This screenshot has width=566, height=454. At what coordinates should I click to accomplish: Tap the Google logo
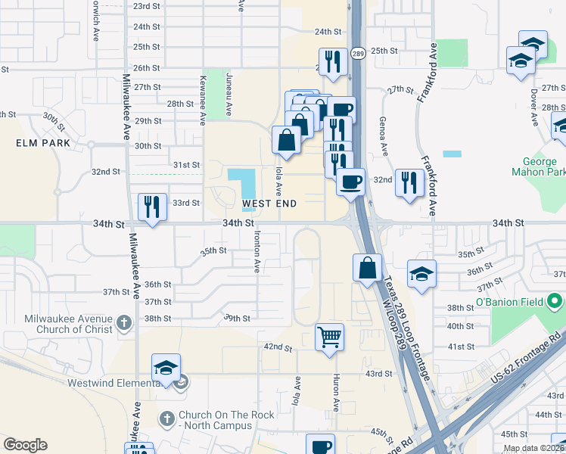coord(25,445)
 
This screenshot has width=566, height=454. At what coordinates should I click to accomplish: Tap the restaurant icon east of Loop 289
coord(409,182)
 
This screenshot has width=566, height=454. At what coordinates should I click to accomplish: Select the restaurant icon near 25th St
coord(332,61)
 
